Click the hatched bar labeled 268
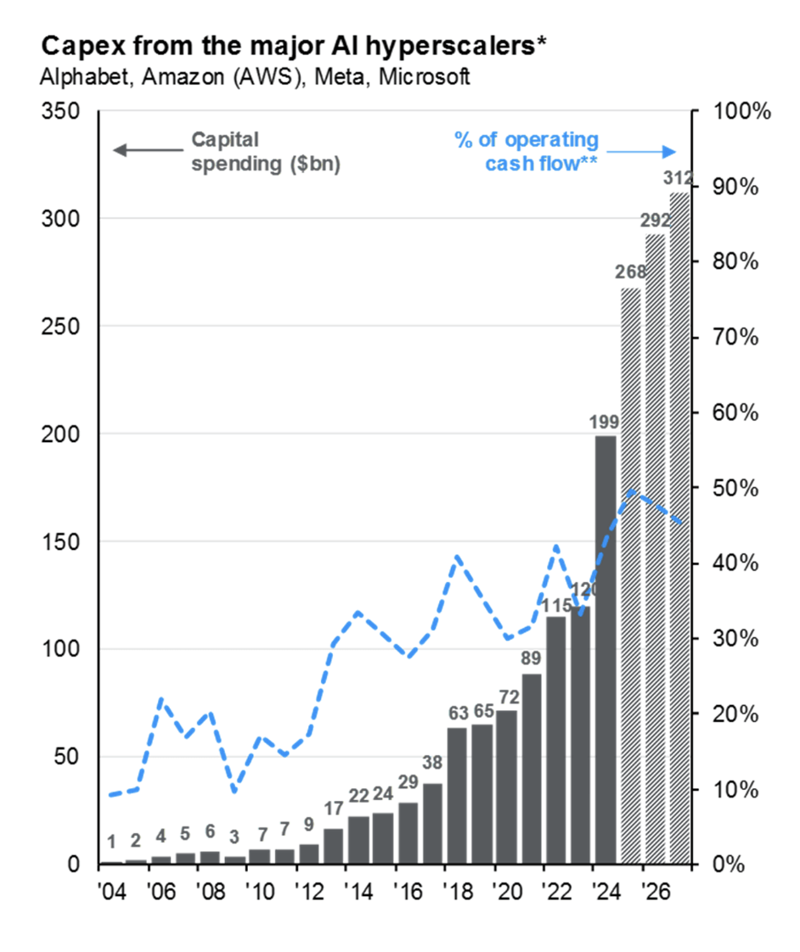(x=631, y=577)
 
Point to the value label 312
(x=679, y=179)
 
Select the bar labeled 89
(x=532, y=768)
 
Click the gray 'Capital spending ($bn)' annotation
(x=265, y=152)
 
